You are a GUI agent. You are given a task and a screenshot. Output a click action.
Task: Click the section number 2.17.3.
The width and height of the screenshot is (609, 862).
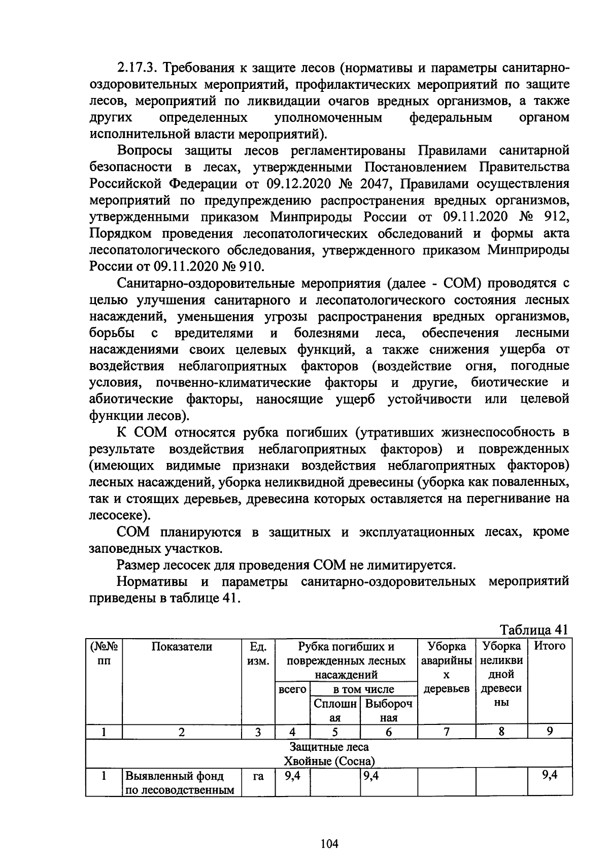[x=136, y=68]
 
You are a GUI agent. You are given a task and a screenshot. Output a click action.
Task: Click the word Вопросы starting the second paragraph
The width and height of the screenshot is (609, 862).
[x=145, y=151]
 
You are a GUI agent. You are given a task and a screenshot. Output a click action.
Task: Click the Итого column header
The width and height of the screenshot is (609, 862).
[x=550, y=646]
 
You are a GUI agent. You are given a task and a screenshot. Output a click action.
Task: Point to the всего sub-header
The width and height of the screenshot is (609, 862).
[x=292, y=689]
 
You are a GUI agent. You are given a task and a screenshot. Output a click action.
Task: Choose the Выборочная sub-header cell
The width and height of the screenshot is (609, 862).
[x=388, y=711]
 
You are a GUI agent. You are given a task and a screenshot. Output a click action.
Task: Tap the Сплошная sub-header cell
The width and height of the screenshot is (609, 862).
[x=335, y=711]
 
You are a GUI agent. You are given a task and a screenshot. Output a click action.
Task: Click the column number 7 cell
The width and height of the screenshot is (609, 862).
[x=446, y=732]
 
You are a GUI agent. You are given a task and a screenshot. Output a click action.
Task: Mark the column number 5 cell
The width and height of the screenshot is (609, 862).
[x=335, y=732]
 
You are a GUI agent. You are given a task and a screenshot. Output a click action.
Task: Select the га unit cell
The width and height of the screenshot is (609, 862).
[x=258, y=776]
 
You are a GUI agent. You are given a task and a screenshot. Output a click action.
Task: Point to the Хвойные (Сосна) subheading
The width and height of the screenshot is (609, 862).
[x=329, y=761]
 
